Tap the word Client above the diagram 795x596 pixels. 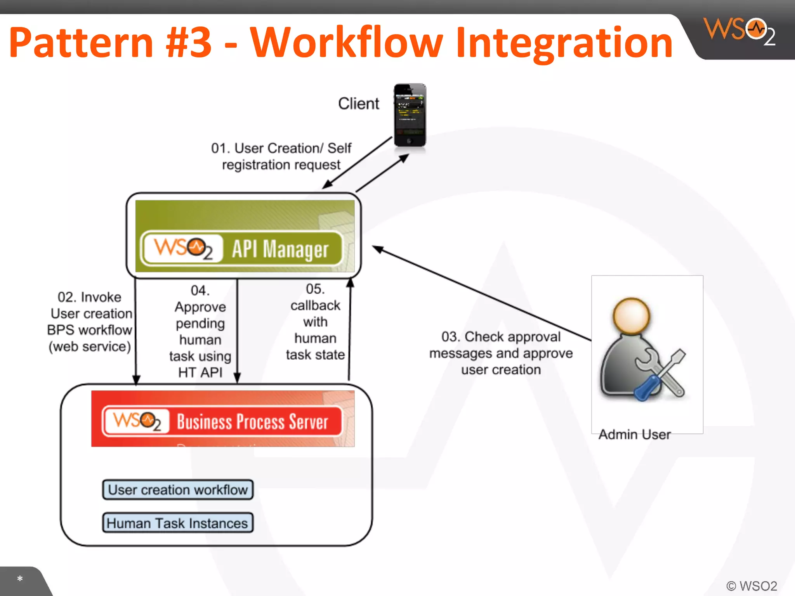click(x=358, y=104)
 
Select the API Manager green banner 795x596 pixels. click(x=245, y=236)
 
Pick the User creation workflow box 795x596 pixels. click(x=178, y=490)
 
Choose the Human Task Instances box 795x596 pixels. click(x=178, y=523)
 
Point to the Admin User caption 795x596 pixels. click(x=634, y=435)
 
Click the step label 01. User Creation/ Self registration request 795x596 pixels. click(x=281, y=156)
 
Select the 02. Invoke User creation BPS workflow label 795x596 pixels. click(x=90, y=322)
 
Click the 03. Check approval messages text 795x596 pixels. click(x=501, y=353)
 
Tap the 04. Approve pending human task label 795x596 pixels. click(x=200, y=331)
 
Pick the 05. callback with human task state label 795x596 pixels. click(x=315, y=322)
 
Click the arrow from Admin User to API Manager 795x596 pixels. click(x=481, y=294)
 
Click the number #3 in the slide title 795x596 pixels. click(x=189, y=42)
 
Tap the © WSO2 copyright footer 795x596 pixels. click(x=752, y=586)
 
